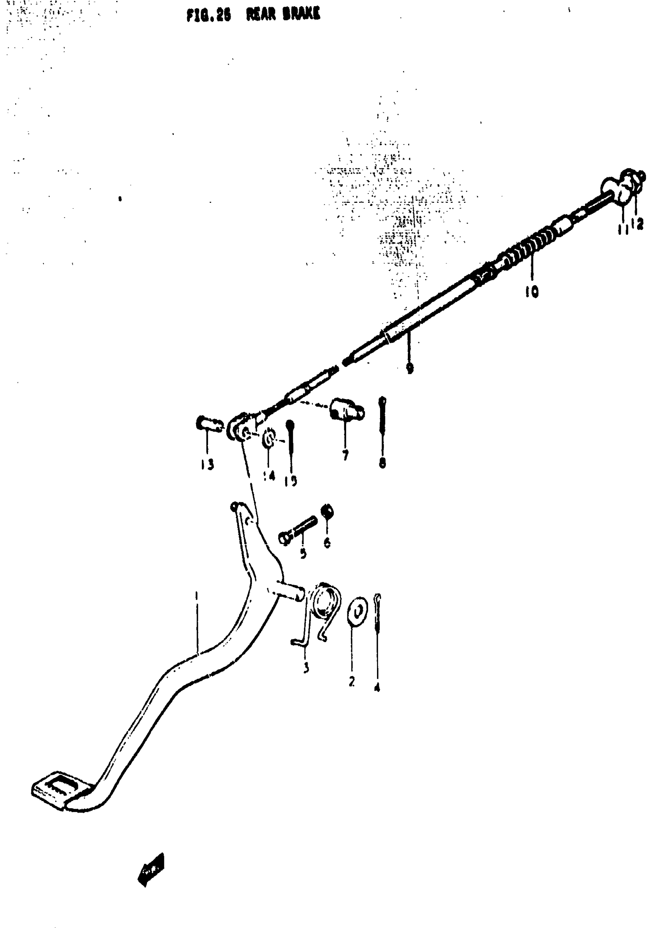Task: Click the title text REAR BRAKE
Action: (x=284, y=15)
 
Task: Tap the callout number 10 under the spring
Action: (x=532, y=291)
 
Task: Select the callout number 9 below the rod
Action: (x=409, y=368)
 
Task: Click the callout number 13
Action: (x=207, y=465)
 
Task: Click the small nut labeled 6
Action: (x=327, y=512)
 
